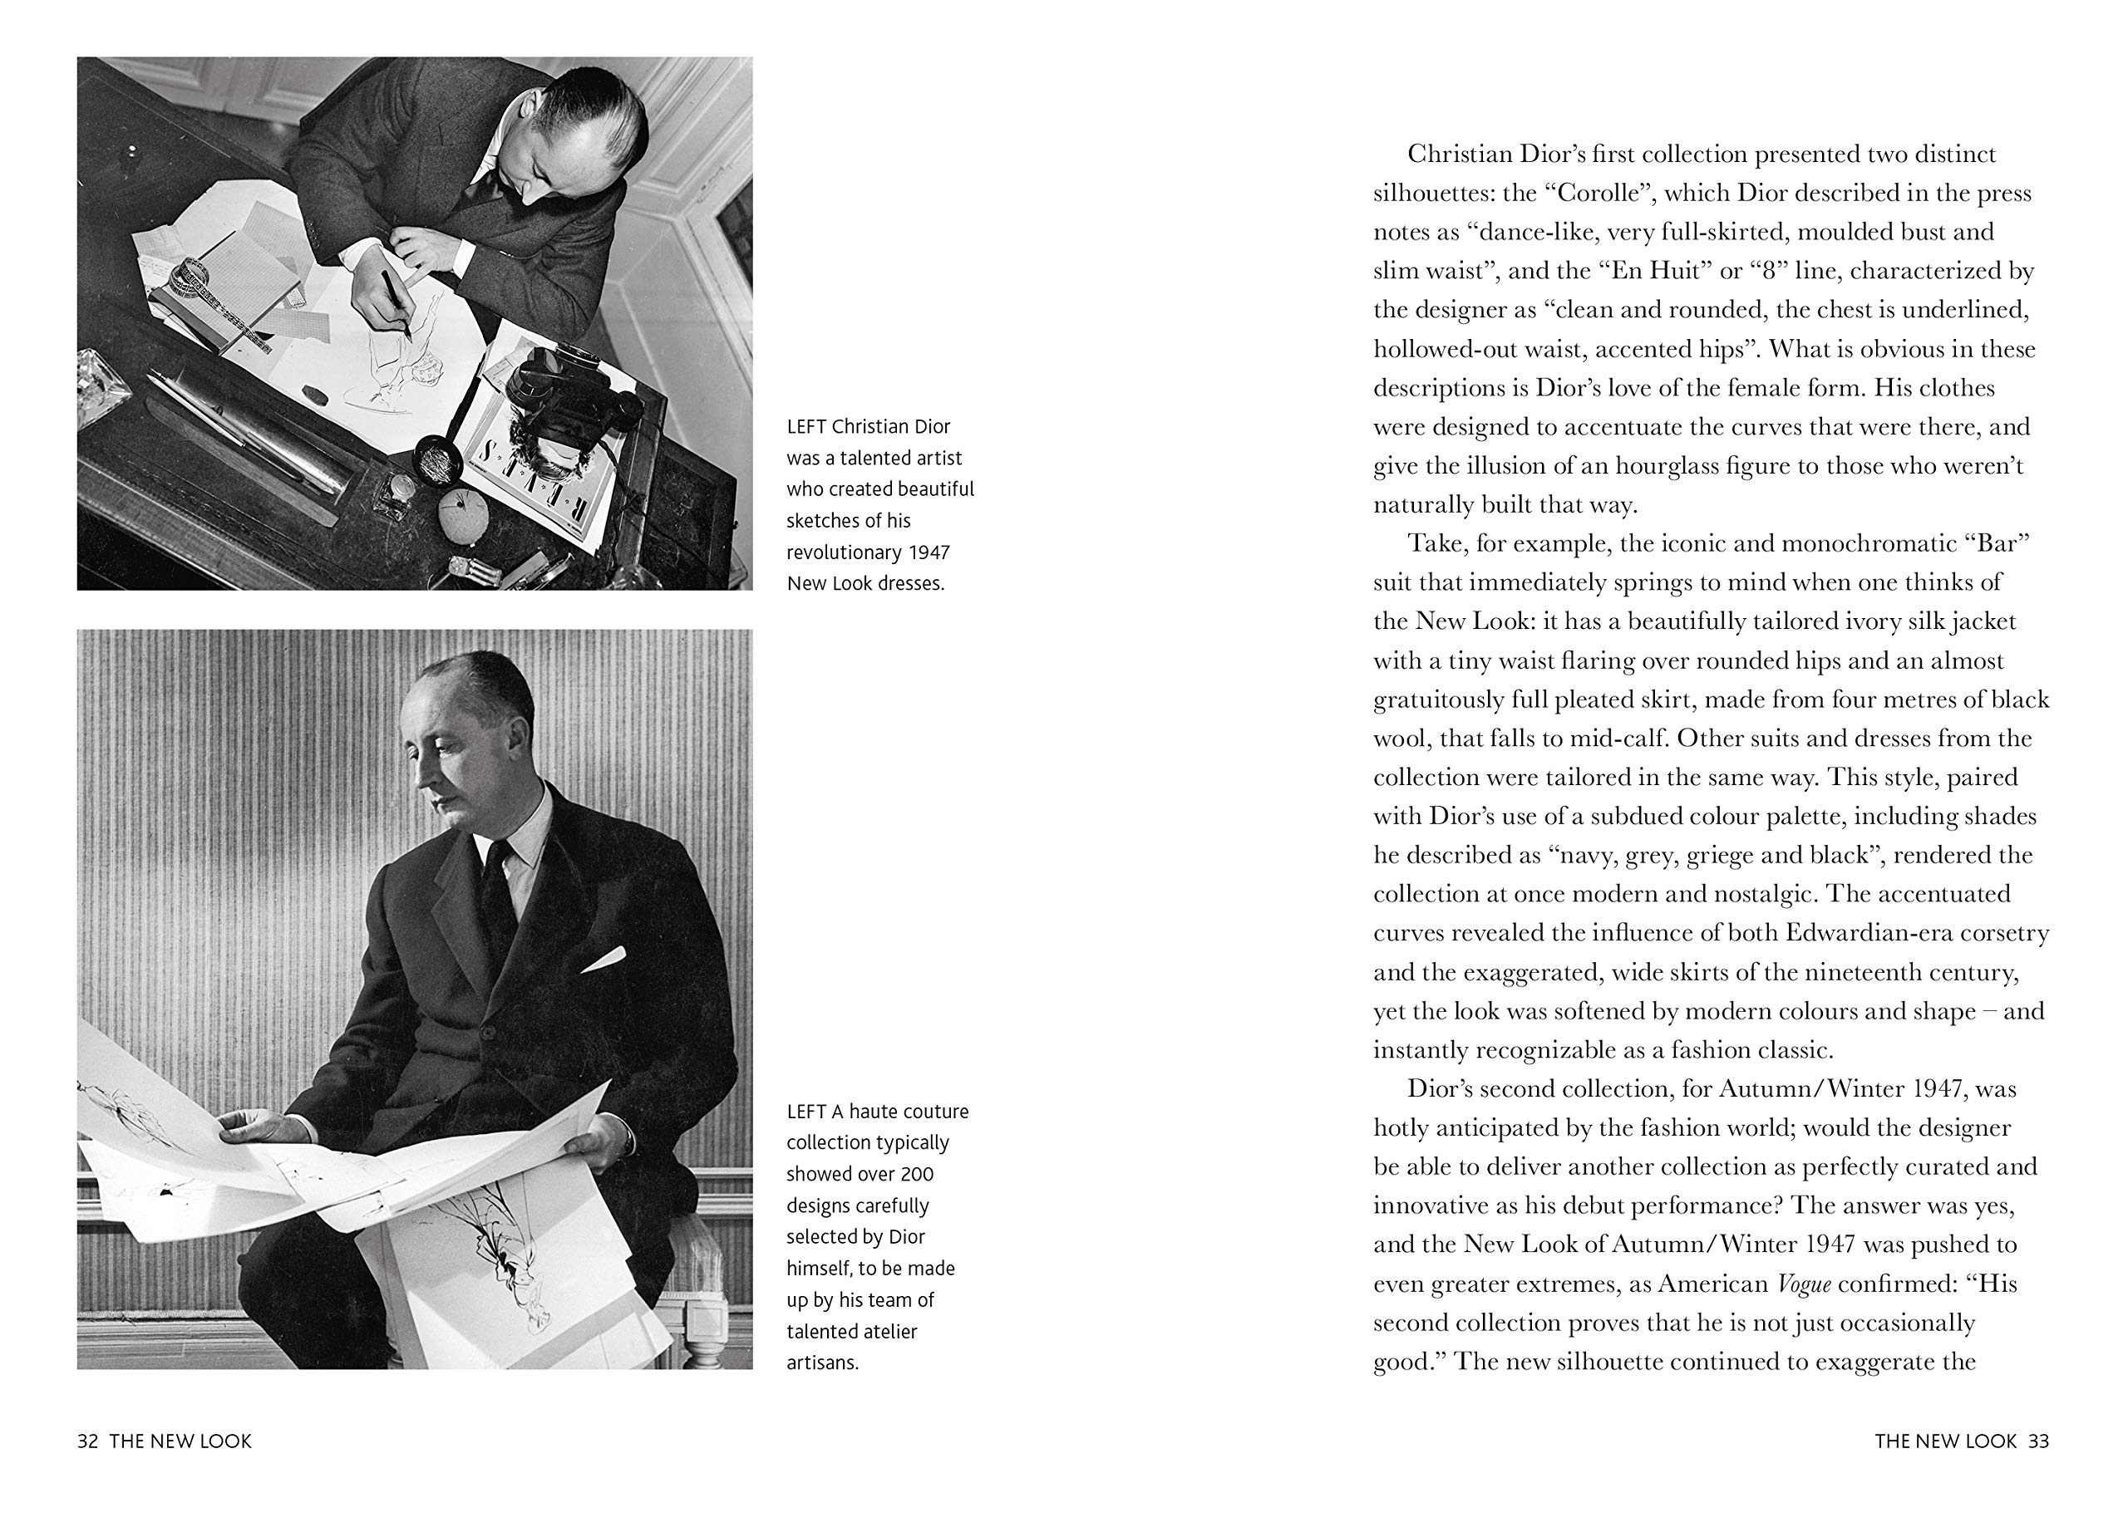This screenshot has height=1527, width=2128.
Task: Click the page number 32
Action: [87, 1441]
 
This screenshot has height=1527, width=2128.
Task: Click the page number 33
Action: [2038, 1441]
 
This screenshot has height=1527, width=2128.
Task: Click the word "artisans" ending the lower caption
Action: [822, 1363]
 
